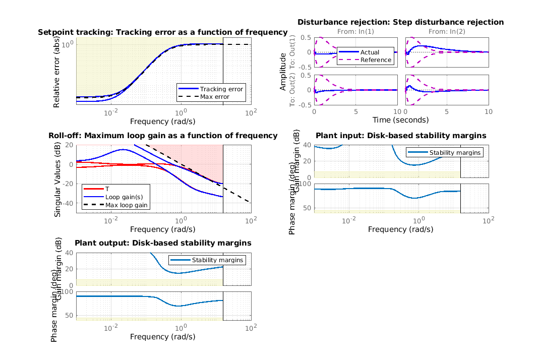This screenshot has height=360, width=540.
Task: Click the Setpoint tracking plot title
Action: pos(162,33)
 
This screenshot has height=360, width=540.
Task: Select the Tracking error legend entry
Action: pos(221,89)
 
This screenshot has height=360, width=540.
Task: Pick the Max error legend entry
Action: pos(214,97)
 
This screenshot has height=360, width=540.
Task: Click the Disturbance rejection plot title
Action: pos(400,22)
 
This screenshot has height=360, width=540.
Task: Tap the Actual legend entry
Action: pos(370,52)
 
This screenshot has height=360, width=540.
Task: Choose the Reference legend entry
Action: pos(376,60)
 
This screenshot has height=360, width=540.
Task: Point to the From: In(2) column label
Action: pos(446,31)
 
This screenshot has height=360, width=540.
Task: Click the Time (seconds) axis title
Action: pos(401,120)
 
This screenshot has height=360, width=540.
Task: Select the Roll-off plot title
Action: pos(162,136)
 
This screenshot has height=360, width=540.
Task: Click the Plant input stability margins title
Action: pos(401,136)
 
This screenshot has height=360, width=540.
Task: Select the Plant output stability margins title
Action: pos(162,243)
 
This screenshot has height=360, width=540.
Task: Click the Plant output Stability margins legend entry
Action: pos(218,260)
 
